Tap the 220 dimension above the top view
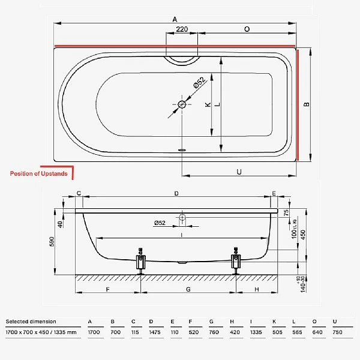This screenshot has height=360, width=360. click(182, 29)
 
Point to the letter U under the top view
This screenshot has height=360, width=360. click(239, 172)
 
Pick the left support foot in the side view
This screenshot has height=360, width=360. click(142, 260)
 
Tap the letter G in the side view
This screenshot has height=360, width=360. click(188, 289)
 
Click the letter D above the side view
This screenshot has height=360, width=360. click(176, 193)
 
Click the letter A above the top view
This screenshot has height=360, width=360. click(175, 20)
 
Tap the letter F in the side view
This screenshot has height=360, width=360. click(108, 289)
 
